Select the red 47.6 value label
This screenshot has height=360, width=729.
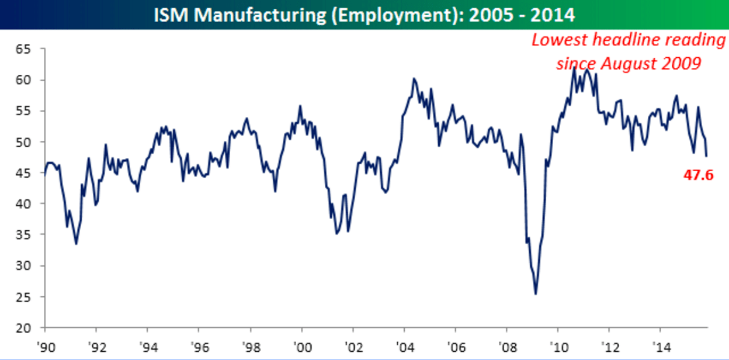pyautogui.click(x=699, y=175)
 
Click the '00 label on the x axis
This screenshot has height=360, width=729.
pyautogui.click(x=301, y=345)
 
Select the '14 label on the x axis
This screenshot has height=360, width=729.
pyautogui.click(x=660, y=345)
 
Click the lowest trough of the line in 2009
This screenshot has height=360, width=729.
pyautogui.click(x=536, y=294)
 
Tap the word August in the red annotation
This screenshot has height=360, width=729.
pyautogui.click(x=633, y=64)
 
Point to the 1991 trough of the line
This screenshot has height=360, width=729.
pyautogui.click(x=77, y=244)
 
